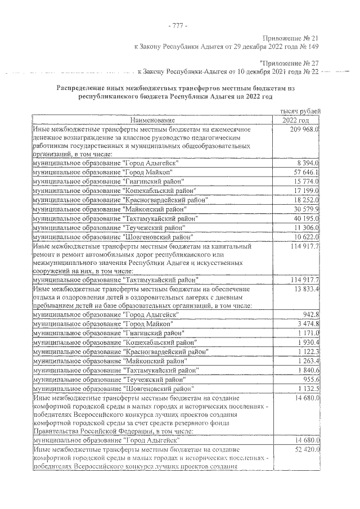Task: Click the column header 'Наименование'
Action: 153,120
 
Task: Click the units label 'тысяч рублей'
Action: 302,112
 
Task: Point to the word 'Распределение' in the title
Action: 84,88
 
